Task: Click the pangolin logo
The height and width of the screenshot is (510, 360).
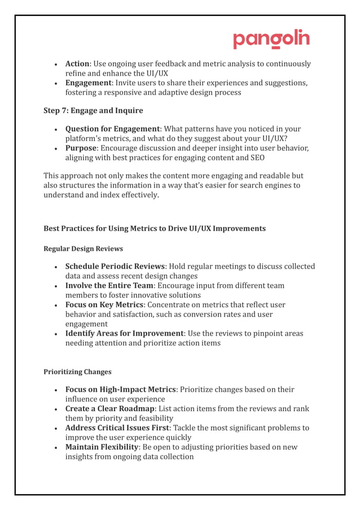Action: click(271, 40)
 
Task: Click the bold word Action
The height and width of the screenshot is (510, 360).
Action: click(77, 64)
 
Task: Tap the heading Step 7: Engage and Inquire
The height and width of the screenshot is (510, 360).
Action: click(93, 110)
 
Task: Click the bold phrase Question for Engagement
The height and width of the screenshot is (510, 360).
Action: click(113, 129)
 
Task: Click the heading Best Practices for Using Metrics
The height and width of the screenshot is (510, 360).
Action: click(154, 229)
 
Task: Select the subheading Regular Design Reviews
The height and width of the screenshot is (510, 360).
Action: click(83, 249)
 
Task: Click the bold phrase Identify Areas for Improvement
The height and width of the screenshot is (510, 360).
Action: click(125, 334)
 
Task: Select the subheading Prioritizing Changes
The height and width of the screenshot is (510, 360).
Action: click(77, 372)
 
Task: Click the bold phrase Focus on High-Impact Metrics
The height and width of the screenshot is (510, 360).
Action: click(121, 390)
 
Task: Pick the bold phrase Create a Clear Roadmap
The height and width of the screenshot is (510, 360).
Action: click(110, 409)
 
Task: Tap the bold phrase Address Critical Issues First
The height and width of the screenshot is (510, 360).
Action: click(117, 428)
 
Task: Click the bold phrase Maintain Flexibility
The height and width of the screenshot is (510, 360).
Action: click(102, 447)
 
